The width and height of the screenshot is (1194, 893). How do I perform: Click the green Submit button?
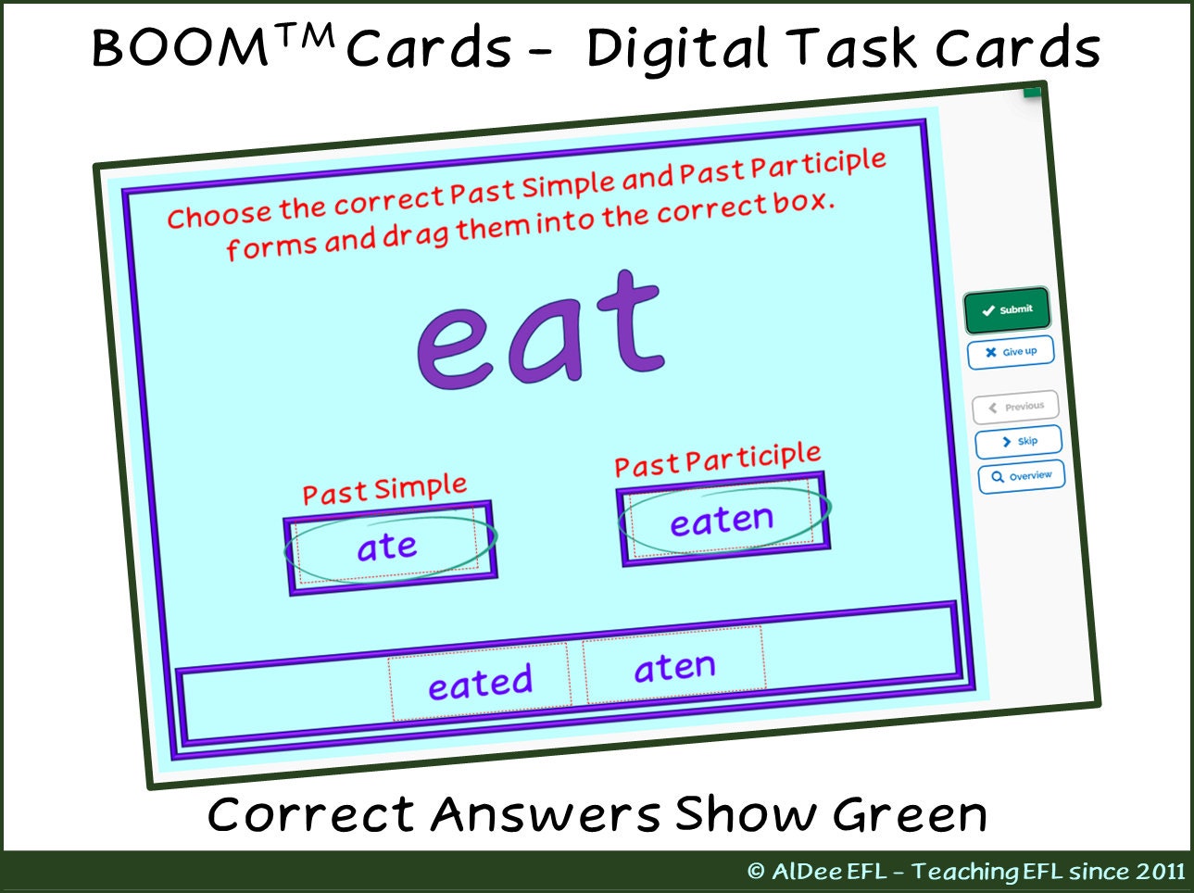tap(1007, 309)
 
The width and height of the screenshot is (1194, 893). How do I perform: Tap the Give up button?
tap(1011, 352)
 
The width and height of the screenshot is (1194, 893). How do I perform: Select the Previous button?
tap(1015, 407)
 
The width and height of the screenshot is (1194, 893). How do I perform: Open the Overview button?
tap(1022, 476)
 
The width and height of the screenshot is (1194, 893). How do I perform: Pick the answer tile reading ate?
tap(387, 547)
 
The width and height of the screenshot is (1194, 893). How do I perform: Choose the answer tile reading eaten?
tap(722, 520)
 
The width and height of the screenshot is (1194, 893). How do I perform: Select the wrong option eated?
tap(480, 684)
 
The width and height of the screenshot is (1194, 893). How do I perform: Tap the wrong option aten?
tap(674, 667)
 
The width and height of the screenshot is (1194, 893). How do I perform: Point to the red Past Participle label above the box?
tap(717, 459)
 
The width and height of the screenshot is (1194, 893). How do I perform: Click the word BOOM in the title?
tap(180, 48)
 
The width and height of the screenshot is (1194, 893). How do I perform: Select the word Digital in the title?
tap(677, 48)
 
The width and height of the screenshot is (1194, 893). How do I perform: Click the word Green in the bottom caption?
tap(910, 815)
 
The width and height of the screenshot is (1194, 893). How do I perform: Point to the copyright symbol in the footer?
tap(756, 872)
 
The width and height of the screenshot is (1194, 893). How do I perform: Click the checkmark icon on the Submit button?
tap(987, 311)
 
